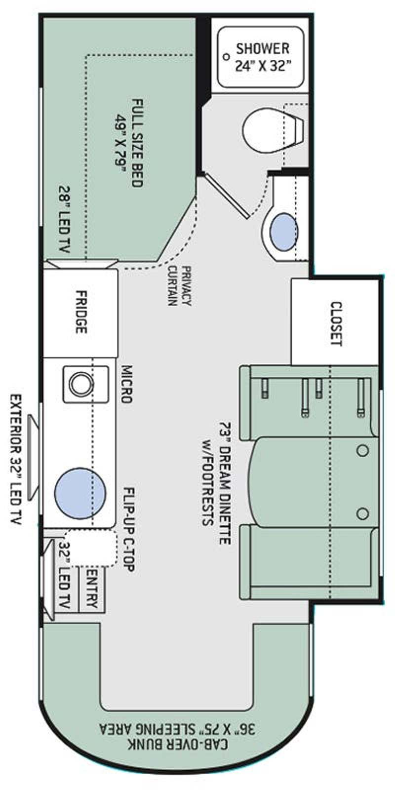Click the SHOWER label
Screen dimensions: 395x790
pos(263,48)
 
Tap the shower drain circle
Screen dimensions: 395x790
pos(227,56)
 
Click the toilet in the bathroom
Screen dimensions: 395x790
pos(274,130)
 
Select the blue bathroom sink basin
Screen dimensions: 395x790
pos(284,232)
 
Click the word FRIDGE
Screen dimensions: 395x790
pos(81,312)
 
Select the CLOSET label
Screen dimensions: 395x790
pos(336,324)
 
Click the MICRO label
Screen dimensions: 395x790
pos(126,384)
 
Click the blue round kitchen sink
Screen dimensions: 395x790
pos(80,493)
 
